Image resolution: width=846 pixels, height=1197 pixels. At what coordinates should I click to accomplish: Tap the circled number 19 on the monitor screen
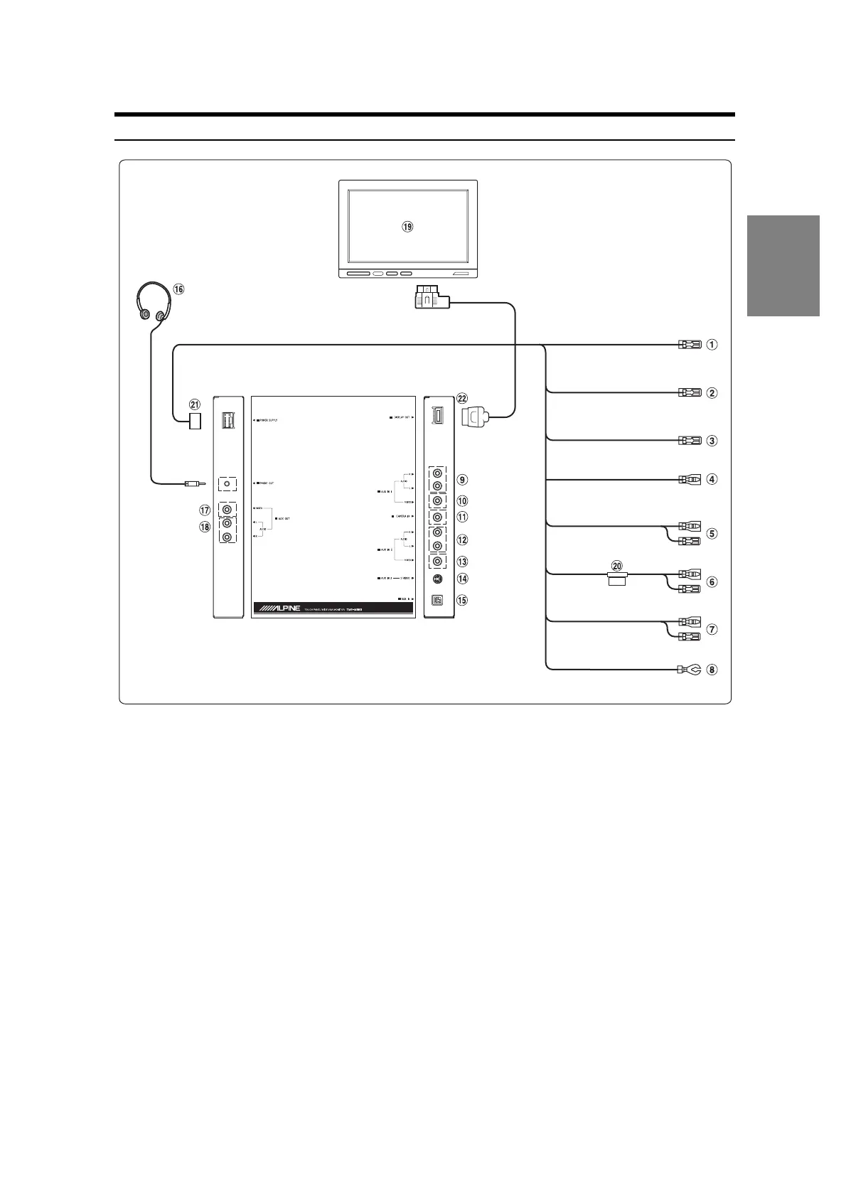click(407, 227)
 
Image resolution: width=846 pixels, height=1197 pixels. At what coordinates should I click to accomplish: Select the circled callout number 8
click(712, 669)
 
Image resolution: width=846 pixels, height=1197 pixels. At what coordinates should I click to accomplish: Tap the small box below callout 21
click(195, 421)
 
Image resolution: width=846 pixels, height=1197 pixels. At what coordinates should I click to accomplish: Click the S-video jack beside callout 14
click(437, 579)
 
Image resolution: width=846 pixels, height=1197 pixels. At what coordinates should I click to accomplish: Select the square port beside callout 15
click(437, 600)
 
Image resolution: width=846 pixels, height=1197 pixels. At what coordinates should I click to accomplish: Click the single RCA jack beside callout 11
click(437, 517)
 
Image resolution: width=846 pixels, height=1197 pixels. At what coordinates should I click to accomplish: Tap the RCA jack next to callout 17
click(227, 510)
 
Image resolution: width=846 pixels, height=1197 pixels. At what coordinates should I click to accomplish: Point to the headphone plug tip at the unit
click(194, 484)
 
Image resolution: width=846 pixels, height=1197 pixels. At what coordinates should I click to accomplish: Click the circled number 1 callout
click(712, 345)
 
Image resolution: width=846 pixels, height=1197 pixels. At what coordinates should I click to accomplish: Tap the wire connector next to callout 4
click(690, 479)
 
